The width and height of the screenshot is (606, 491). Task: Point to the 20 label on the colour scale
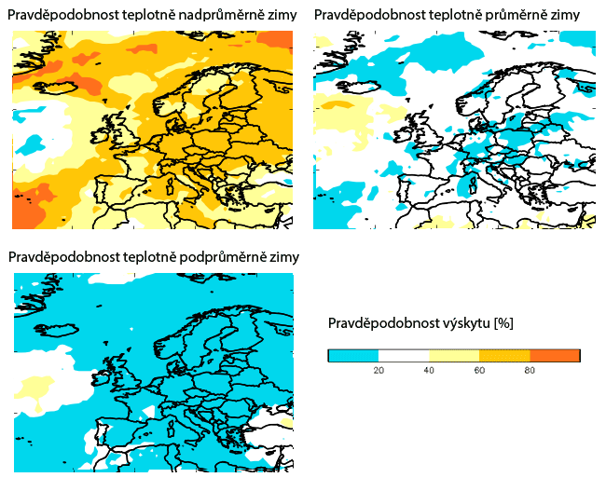pyautogui.click(x=379, y=370)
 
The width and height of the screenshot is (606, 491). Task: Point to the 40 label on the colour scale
pyautogui.click(x=429, y=370)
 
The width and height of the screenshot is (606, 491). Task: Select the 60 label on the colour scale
pyautogui.click(x=479, y=370)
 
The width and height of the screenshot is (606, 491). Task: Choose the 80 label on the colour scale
pyautogui.click(x=530, y=370)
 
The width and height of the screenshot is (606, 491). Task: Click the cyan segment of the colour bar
pyautogui.click(x=353, y=355)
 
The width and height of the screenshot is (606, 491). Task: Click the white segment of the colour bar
pyautogui.click(x=404, y=355)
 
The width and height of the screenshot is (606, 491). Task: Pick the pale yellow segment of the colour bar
pyautogui.click(x=454, y=355)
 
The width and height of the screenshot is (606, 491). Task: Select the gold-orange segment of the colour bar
pyautogui.click(x=504, y=355)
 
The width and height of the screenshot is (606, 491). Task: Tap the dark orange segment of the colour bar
pyautogui.click(x=555, y=355)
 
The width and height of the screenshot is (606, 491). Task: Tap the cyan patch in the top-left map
pyautogui.click(x=32, y=144)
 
